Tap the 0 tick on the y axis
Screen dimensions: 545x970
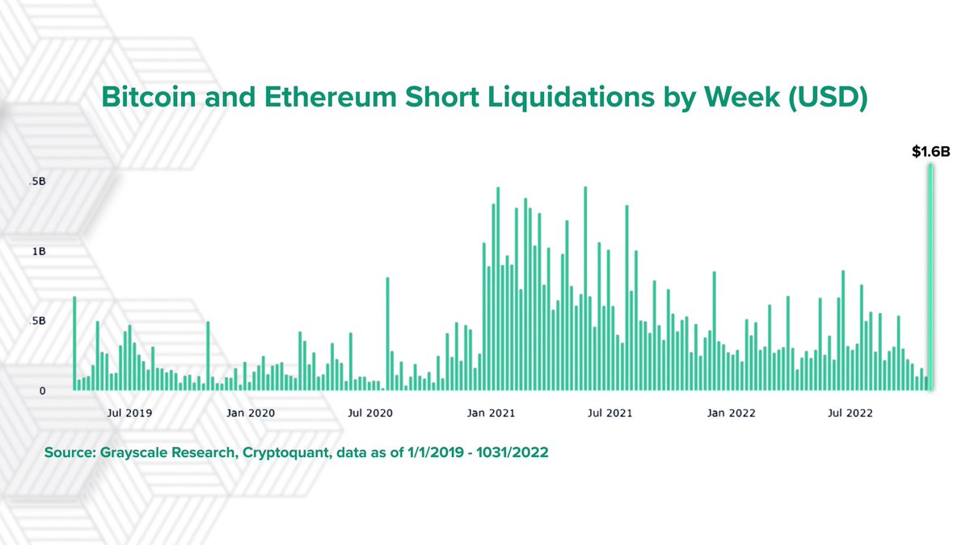click(x=41, y=391)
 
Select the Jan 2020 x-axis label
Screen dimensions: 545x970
click(x=250, y=413)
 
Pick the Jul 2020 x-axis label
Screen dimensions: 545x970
click(x=370, y=413)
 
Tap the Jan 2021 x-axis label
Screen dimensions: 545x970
click(x=491, y=413)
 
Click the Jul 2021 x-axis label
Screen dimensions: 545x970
click(x=610, y=413)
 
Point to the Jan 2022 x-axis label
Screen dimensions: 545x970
click(x=731, y=413)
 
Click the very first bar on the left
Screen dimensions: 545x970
click(x=74, y=343)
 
